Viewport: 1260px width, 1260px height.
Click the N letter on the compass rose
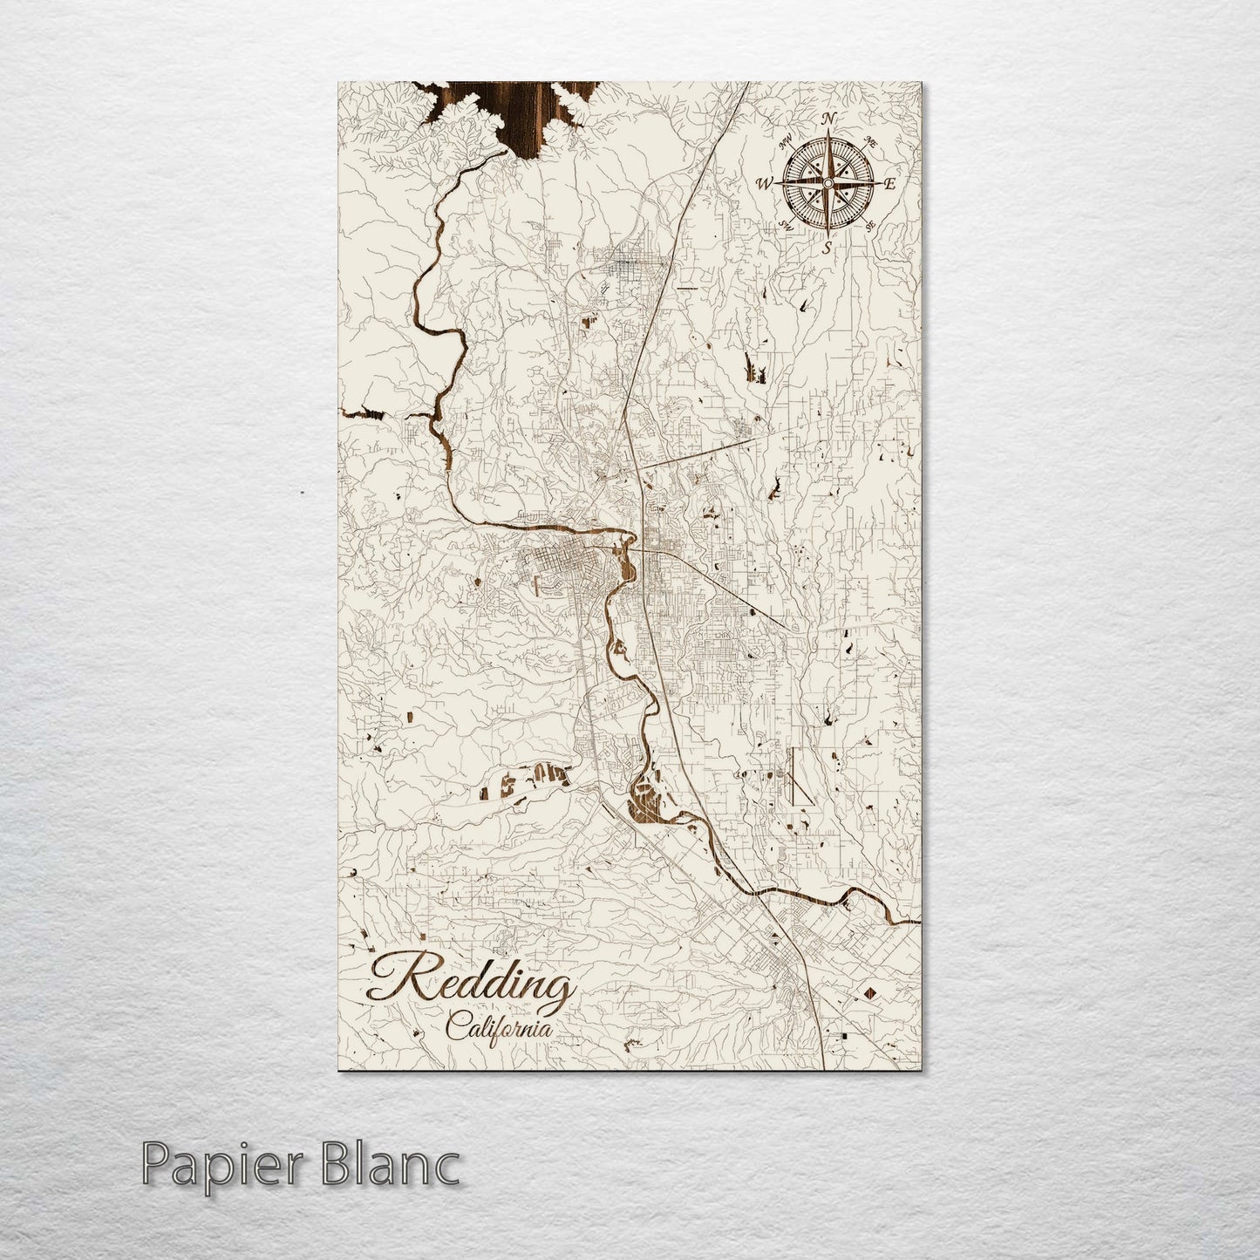(x=831, y=119)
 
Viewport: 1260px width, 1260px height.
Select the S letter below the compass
(x=827, y=247)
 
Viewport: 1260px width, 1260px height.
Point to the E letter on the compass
(x=890, y=184)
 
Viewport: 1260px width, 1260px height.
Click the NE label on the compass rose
(x=869, y=141)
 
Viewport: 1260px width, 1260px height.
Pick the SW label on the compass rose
(x=785, y=225)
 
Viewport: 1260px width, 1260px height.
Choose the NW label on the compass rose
(x=787, y=140)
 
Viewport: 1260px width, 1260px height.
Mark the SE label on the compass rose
(x=870, y=227)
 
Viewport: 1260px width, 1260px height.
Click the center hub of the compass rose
(x=828, y=182)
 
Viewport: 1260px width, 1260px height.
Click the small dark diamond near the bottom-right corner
(x=869, y=993)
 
